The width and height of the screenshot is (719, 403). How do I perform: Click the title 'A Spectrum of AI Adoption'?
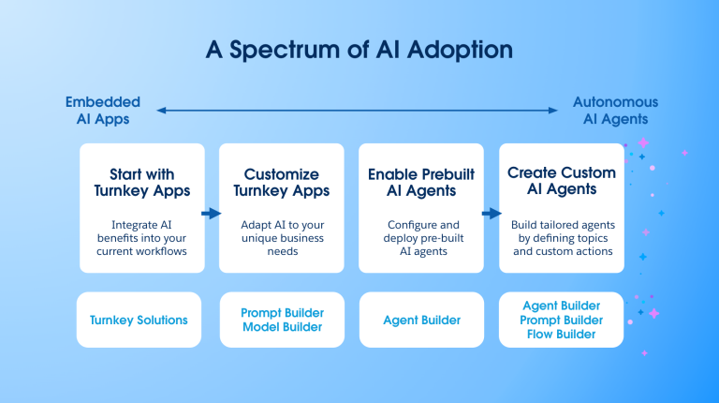(359, 50)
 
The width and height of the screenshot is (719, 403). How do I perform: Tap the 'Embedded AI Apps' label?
(103, 111)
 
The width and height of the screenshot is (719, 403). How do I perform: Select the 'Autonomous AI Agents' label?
(615, 111)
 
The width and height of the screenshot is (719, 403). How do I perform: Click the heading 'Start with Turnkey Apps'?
(142, 183)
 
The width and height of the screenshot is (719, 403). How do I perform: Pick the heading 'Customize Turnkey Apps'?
(281, 183)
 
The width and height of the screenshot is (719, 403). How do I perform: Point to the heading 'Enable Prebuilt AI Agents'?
(421, 183)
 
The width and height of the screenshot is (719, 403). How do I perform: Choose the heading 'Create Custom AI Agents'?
(562, 181)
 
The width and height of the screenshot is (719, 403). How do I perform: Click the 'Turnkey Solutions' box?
(139, 321)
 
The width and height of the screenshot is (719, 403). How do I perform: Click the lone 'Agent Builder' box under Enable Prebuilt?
(421, 321)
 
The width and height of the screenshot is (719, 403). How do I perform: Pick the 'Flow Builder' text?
(562, 335)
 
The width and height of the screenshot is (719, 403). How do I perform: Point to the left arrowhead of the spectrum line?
(161, 111)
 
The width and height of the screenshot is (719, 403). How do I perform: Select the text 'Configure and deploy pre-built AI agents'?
(421, 238)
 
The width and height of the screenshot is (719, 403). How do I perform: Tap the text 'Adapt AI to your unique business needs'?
(281, 238)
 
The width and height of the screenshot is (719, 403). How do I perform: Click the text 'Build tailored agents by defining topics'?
(562, 231)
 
